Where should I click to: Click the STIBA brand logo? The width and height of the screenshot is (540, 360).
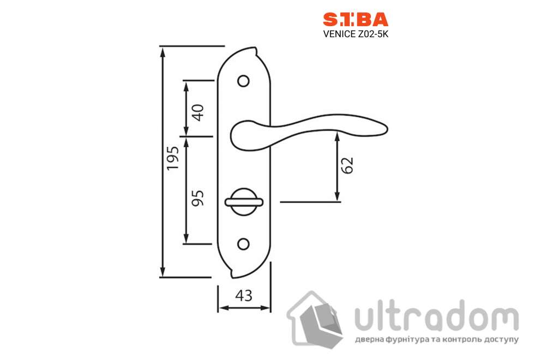[355, 20]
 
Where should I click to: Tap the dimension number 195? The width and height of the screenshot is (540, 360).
[172, 158]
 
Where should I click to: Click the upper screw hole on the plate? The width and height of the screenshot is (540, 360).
[243, 81]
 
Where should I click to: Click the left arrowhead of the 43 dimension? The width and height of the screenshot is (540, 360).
[221, 308]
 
